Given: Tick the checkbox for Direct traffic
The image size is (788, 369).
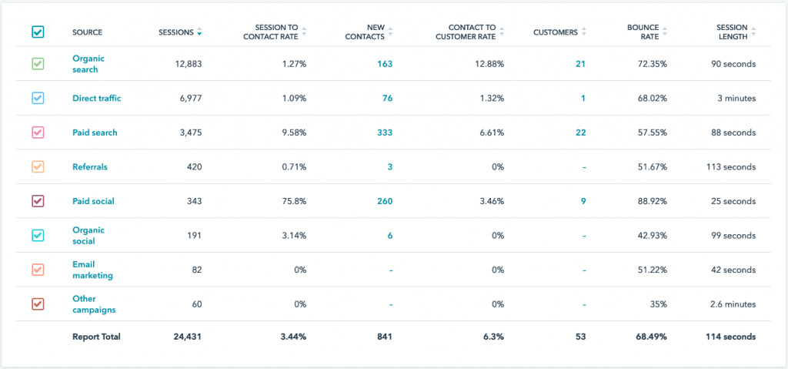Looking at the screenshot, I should tap(38, 99).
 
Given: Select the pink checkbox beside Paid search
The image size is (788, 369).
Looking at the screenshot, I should tap(38, 133).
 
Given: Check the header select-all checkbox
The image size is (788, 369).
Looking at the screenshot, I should tap(38, 32).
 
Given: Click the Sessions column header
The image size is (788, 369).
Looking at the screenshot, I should tap(176, 32).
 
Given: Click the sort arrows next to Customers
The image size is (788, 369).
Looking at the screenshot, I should tap(583, 32).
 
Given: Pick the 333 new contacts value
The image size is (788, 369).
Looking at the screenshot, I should tap(385, 133).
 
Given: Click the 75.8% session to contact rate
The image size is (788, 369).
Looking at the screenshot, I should tap(292, 201).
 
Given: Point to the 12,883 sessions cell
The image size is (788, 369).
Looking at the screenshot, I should tap(186, 64).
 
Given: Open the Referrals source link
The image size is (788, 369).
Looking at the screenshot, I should tap(89, 166).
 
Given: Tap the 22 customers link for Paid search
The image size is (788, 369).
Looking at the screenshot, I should tap(580, 133).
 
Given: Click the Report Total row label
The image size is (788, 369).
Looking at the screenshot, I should tap(96, 337).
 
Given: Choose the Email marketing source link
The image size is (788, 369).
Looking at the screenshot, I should tap(92, 270).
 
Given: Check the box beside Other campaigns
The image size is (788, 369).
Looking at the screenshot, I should tap(38, 304).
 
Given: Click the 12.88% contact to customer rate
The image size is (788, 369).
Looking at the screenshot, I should tap(488, 64).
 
